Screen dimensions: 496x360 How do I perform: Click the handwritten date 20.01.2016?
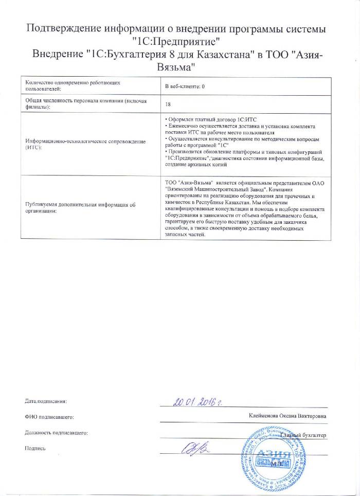pos(200,401)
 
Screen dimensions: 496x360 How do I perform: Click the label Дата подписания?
pos(46,400)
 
